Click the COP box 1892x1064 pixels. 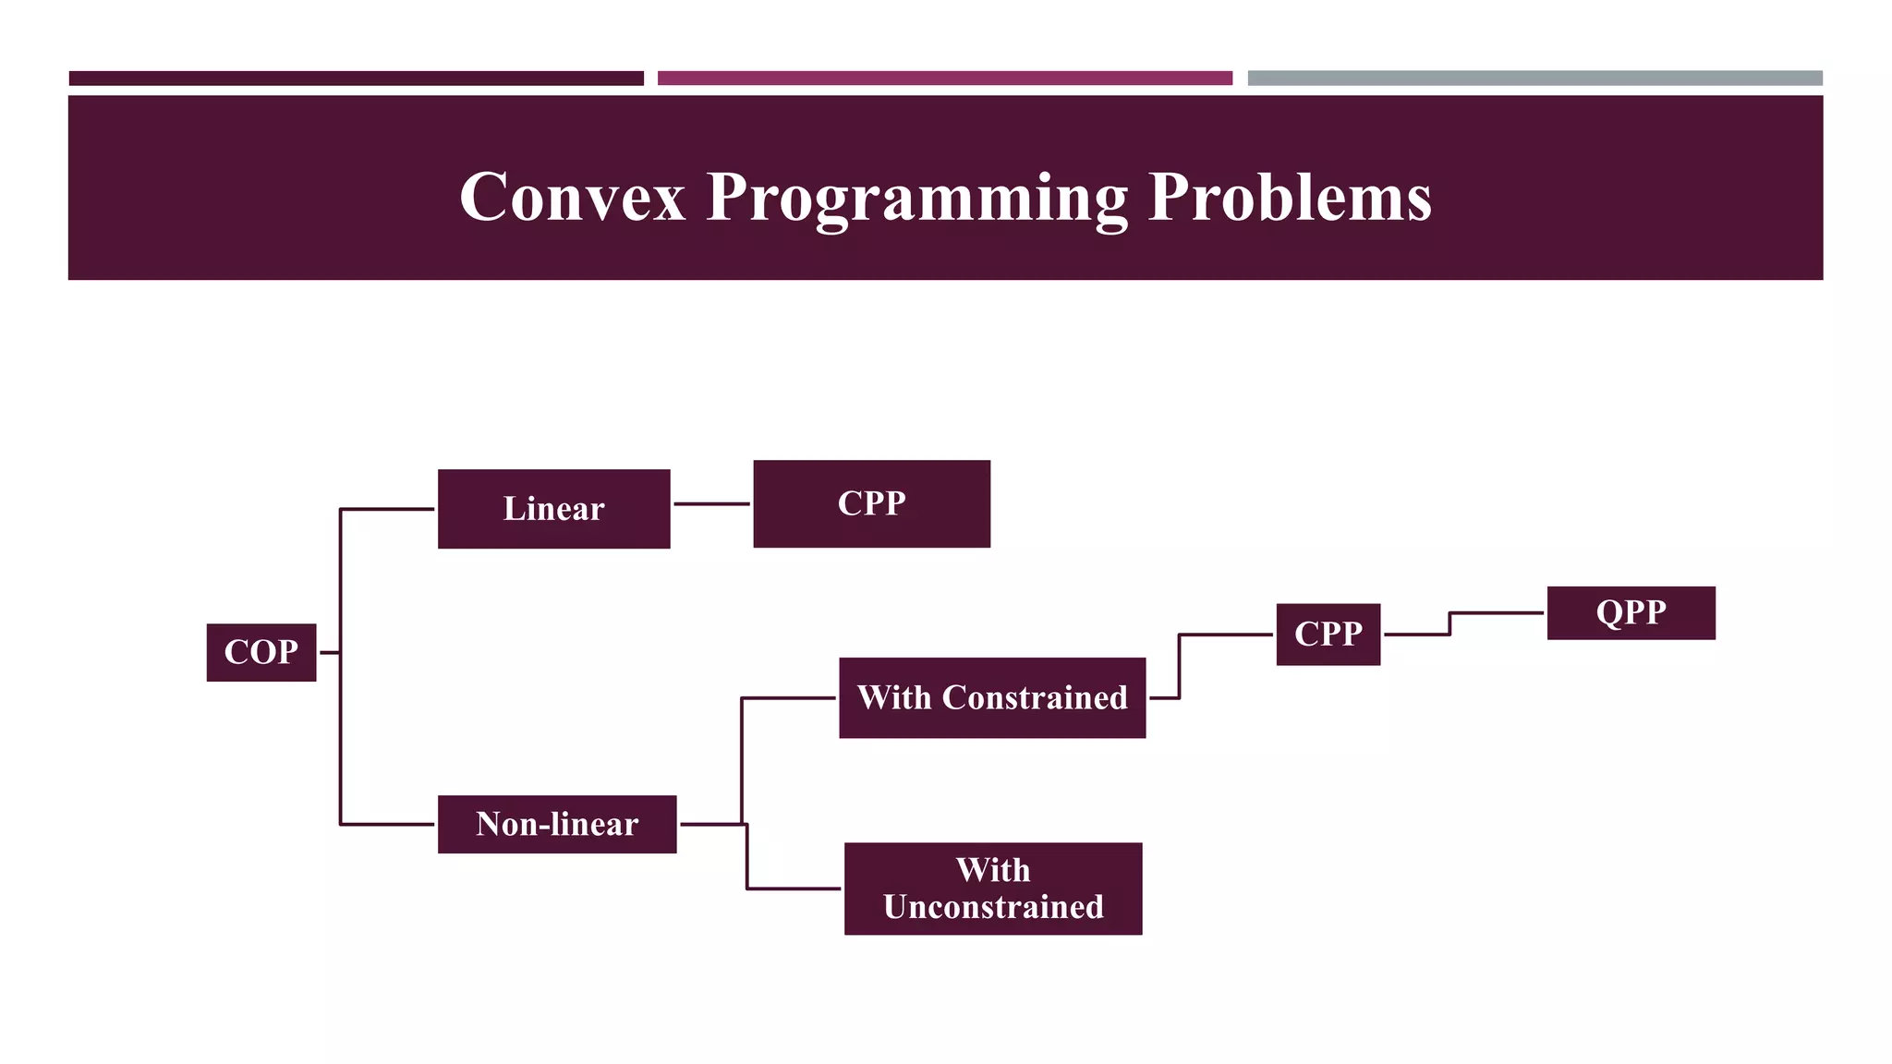tap(261, 652)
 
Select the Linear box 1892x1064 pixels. tap(553, 509)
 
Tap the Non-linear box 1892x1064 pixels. tap(557, 824)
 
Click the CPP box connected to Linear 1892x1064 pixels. tap(871, 503)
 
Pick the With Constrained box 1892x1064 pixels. tap(992, 697)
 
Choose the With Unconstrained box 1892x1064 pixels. tap(993, 889)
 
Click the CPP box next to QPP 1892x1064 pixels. tap(1328, 634)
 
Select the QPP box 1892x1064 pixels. tap(1631, 612)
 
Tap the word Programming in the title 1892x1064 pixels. tap(916, 199)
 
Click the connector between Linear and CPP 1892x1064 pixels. tap(711, 504)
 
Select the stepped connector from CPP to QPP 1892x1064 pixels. tap(1449, 623)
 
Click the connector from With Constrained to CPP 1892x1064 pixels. tap(1180, 665)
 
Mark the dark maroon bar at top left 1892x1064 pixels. tap(356, 79)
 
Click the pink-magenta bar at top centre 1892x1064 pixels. tap(944, 79)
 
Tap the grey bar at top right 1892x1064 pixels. tap(1534, 79)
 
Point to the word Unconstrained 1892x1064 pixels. tap(993, 907)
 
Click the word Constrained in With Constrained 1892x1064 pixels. tap(1035, 697)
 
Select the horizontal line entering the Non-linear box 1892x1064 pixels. tap(388, 824)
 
